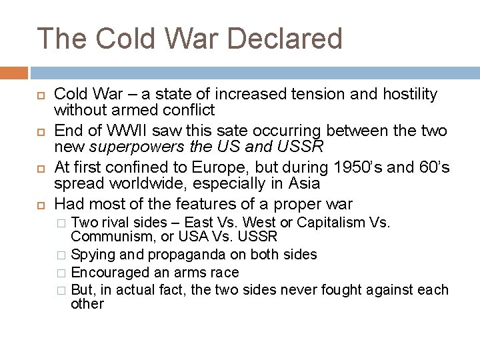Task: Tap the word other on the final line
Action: (87, 304)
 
